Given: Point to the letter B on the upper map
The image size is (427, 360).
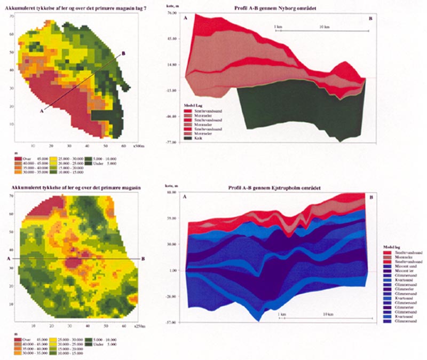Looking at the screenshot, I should point(124,53).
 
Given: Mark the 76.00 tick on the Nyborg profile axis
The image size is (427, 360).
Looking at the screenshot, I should point(172,12).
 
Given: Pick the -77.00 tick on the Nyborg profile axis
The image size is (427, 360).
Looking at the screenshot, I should point(171,143).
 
